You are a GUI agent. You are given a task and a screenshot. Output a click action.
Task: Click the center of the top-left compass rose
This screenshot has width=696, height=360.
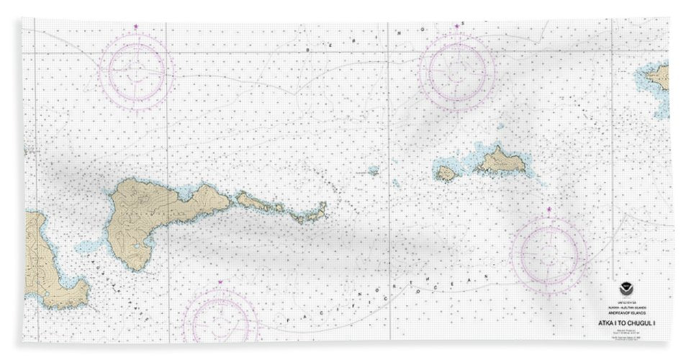click(x=136, y=71)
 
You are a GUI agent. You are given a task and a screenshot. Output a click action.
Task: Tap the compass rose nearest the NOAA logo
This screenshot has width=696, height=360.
click(x=549, y=253)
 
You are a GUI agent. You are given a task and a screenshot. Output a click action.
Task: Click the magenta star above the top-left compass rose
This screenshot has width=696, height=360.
click(x=136, y=27)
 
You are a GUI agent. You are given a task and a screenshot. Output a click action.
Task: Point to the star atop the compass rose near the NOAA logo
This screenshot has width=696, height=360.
click(x=549, y=210)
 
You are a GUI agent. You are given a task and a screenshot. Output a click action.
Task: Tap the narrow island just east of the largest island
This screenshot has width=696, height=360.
click(x=259, y=204)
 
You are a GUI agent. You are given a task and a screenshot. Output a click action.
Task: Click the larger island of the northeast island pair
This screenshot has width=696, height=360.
click(x=500, y=162)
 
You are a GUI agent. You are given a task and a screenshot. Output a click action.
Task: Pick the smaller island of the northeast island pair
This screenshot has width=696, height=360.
click(x=446, y=174)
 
